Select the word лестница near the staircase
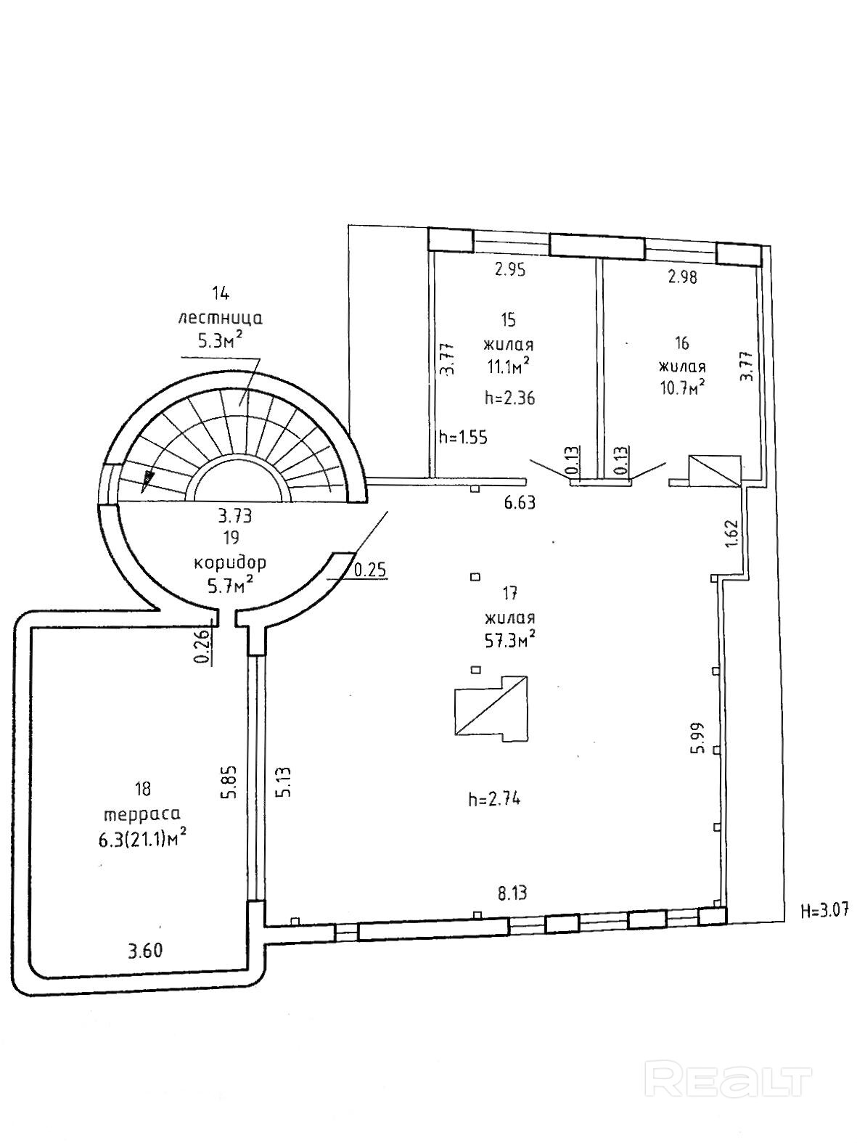[x=221, y=317]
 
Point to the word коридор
[x=229, y=562]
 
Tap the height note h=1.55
[x=463, y=438]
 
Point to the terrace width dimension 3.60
[x=145, y=951]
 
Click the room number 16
[x=681, y=343]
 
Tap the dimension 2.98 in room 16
[x=682, y=276]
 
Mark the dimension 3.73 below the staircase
[x=234, y=516]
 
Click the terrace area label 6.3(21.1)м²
[x=143, y=839]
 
